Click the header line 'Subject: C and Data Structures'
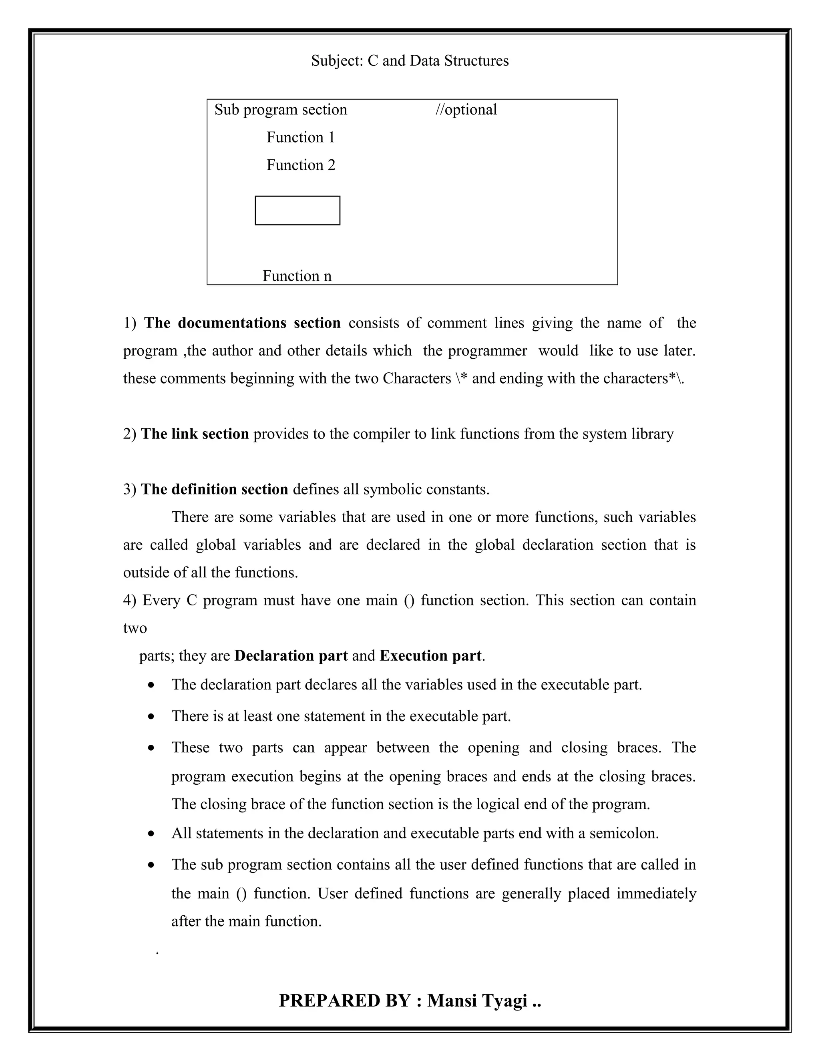(x=410, y=61)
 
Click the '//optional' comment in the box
(x=466, y=110)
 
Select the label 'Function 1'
(x=301, y=137)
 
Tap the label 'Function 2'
(x=301, y=165)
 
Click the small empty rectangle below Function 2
(x=297, y=210)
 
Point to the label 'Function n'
(x=297, y=276)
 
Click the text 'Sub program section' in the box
(x=281, y=110)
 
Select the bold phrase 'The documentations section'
(x=242, y=323)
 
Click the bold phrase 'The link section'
(x=195, y=434)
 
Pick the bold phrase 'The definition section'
(x=214, y=489)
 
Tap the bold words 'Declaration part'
(x=291, y=656)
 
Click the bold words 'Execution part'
(x=430, y=656)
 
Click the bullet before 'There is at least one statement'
(x=152, y=717)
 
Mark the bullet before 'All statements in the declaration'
(x=152, y=834)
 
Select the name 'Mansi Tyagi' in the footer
(x=477, y=1001)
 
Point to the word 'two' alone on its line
(x=135, y=628)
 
